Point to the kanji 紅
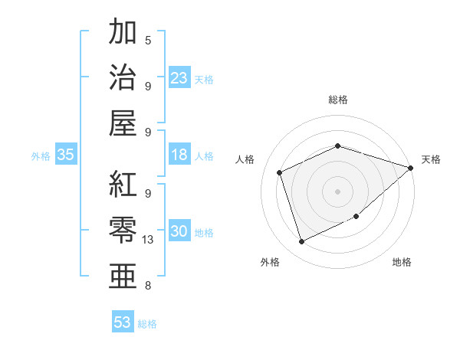(x=123, y=184)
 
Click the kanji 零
(x=123, y=230)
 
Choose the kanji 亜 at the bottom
(x=123, y=276)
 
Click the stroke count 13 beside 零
(x=149, y=240)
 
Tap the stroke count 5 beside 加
(x=148, y=40)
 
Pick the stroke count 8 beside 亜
(x=148, y=286)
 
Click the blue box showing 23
(x=179, y=78)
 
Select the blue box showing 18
(x=179, y=155)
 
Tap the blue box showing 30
(x=179, y=231)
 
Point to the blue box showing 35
(x=66, y=155)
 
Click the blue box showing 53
(x=123, y=322)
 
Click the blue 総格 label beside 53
(x=147, y=324)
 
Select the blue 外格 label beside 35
(x=41, y=156)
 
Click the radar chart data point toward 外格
(x=301, y=242)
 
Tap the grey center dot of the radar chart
(x=337, y=191)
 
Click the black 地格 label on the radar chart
(x=402, y=263)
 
